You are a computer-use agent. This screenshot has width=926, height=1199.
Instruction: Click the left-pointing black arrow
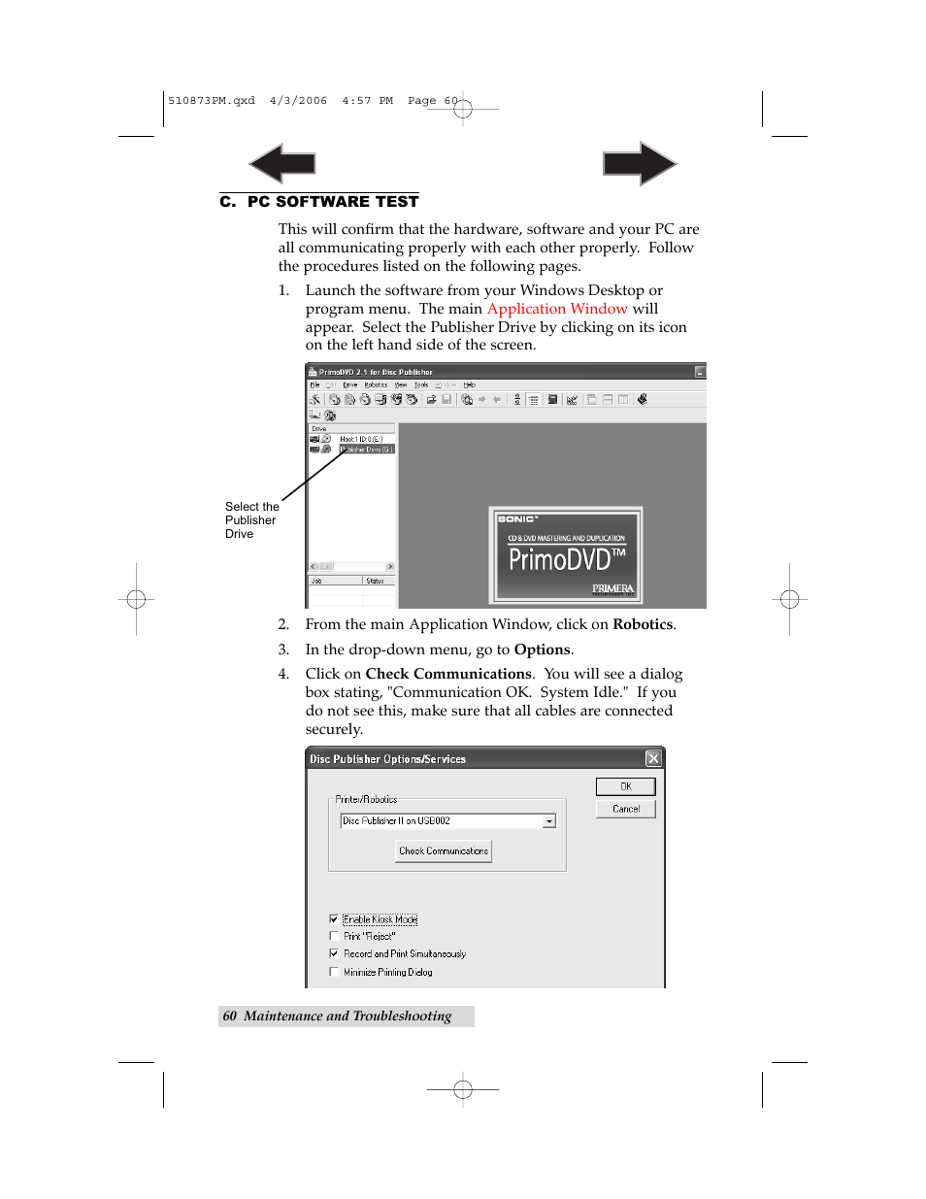pos(282,163)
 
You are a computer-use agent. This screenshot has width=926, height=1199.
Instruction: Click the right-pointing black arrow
pos(639,163)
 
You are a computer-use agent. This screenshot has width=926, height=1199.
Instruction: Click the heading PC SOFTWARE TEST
pos(332,202)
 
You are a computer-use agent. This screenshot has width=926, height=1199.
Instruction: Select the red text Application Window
pos(556,309)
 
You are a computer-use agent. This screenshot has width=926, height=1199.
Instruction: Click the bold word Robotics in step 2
pos(642,624)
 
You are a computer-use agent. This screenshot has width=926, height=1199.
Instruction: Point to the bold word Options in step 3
pos(542,649)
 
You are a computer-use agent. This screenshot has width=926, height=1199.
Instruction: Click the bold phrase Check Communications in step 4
pos(447,674)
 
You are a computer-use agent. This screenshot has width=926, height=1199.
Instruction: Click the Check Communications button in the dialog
pos(444,851)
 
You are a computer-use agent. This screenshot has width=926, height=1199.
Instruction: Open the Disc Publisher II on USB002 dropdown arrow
pos(549,821)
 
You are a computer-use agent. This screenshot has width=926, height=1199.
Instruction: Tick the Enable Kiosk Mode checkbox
pos(334,919)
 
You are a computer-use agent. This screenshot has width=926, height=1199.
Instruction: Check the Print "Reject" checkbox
pos(334,937)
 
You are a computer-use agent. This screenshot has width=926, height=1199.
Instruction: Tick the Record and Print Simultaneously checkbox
pos(334,954)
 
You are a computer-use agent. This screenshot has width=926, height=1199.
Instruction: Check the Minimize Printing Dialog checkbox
pos(334,972)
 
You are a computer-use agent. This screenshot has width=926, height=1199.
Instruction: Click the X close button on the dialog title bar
pos(653,758)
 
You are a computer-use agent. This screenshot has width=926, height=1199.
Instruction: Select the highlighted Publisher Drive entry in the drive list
pos(365,450)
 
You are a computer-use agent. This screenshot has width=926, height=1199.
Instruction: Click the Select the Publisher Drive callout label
pos(251,520)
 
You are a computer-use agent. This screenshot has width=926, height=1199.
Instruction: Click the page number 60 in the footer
pos(229,1016)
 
